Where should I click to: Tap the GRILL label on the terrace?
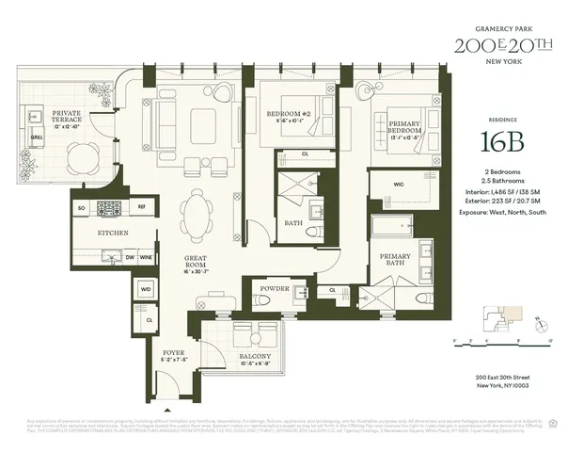[x=37, y=136]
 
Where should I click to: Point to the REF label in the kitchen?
[x=141, y=205]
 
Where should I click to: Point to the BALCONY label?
[x=255, y=358]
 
